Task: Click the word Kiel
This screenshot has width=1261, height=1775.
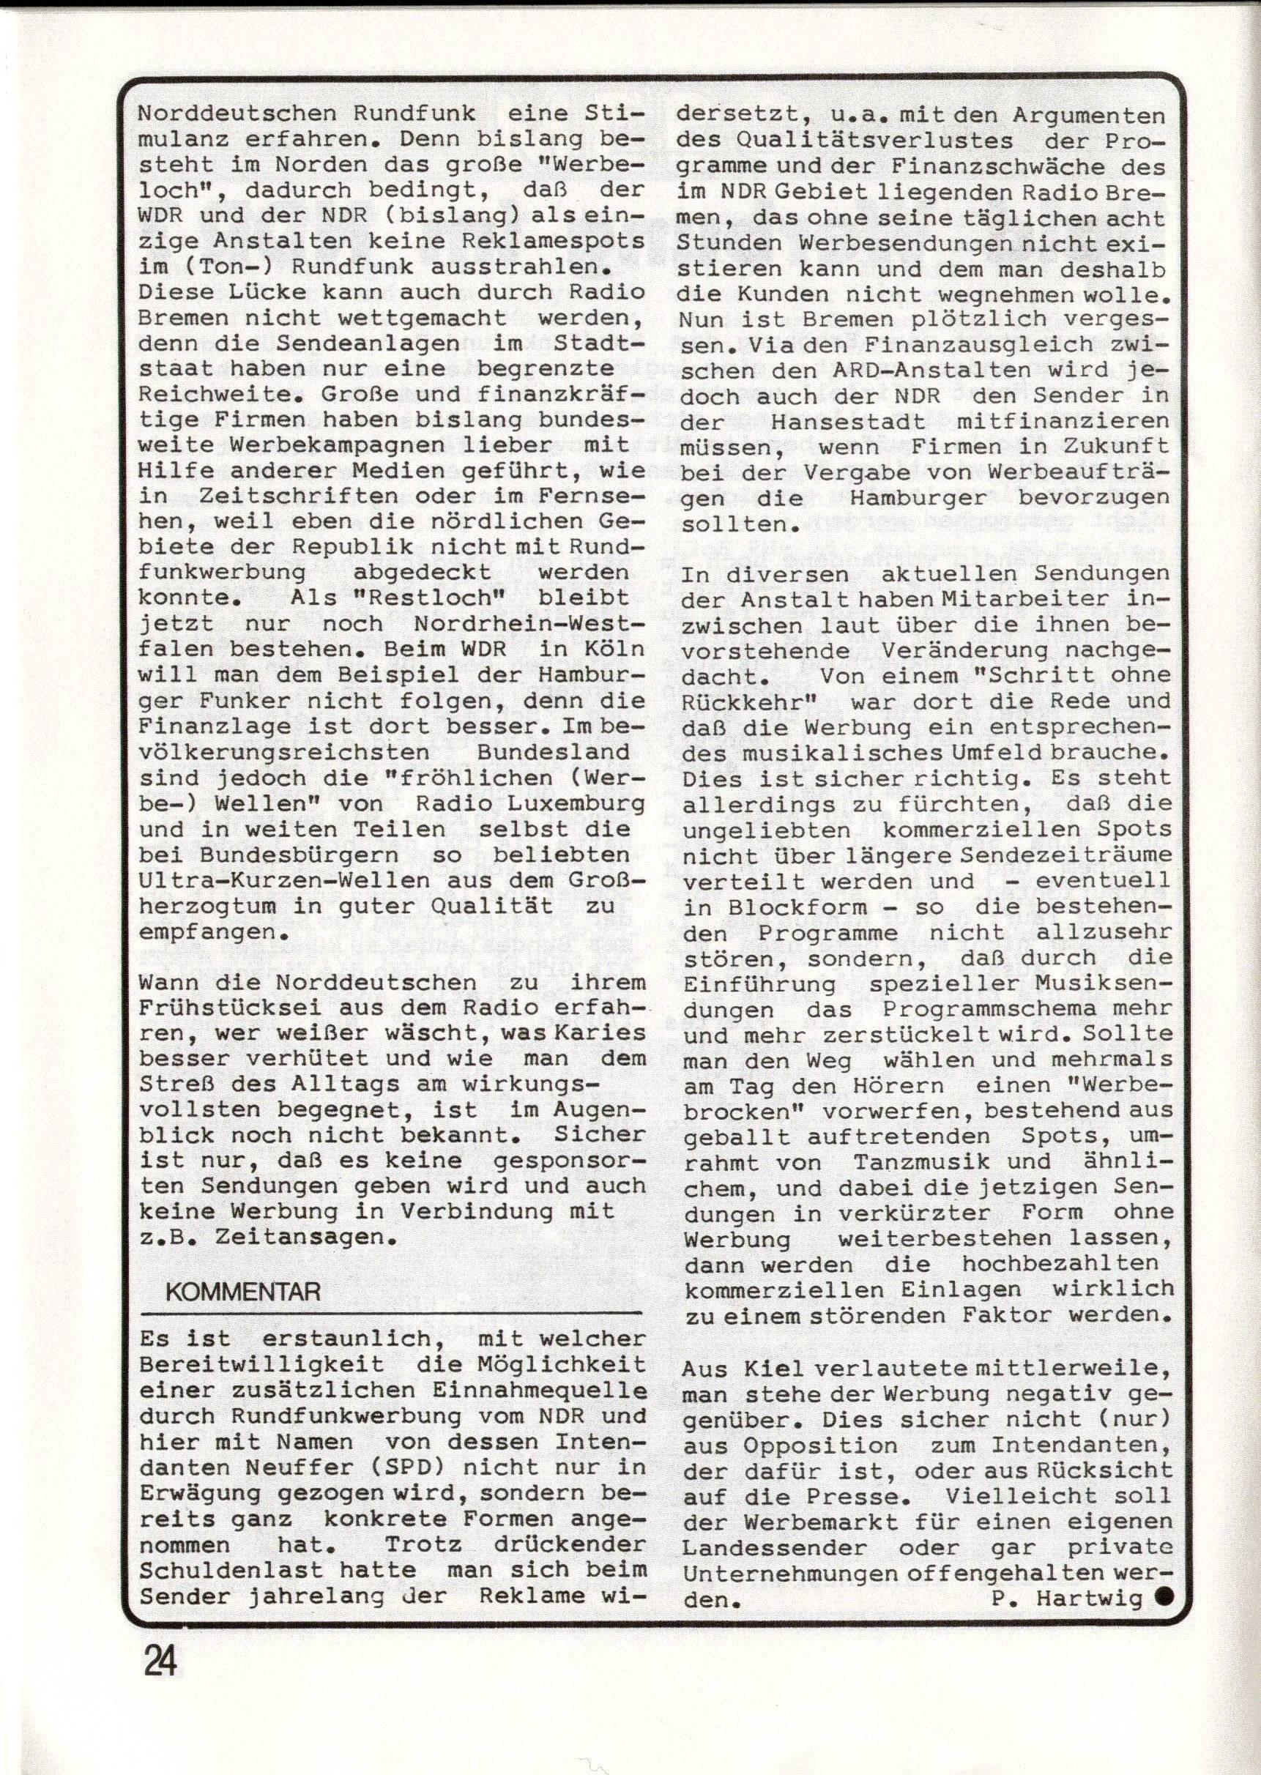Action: [780, 1372]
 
